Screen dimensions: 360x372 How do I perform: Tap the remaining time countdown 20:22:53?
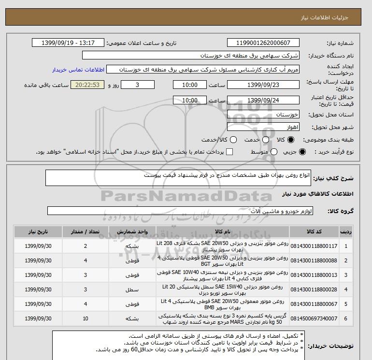click(x=87, y=85)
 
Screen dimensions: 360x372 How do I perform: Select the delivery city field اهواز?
click(x=263, y=127)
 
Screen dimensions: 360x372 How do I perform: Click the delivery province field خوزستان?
click(x=263, y=115)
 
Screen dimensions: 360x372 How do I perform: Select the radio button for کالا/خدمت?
click(x=233, y=140)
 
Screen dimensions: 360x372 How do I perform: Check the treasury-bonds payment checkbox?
click(x=229, y=152)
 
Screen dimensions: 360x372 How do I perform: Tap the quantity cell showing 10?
click(x=86, y=318)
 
